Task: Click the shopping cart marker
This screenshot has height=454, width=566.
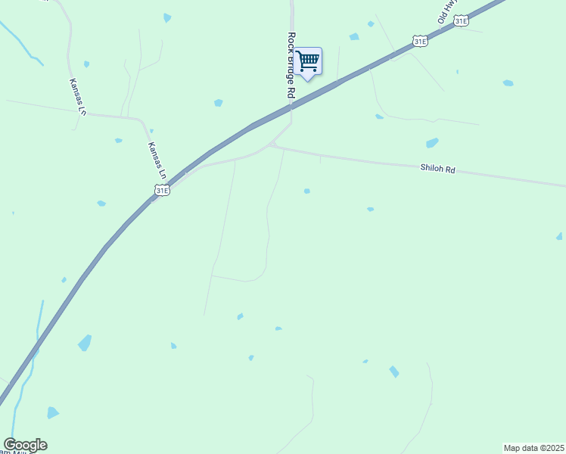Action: coord(308,61)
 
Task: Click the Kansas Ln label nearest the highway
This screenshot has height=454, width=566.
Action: coord(157,160)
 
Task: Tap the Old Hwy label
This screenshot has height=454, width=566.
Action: coord(448,10)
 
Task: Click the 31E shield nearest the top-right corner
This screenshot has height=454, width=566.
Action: coord(461,21)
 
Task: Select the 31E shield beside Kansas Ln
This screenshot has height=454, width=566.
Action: coord(161,191)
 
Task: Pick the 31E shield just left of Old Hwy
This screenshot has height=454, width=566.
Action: coord(421,41)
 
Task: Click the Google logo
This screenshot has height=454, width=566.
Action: coord(25,445)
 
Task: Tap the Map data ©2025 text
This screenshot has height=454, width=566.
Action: coord(534,448)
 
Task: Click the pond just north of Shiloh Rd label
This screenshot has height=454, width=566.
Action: coord(432,143)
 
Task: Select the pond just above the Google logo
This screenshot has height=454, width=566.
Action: coord(52,412)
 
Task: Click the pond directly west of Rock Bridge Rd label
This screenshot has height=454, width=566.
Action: coord(219,102)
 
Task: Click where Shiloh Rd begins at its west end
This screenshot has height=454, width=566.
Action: coord(271,145)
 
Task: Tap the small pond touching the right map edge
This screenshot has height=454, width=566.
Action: coord(560,237)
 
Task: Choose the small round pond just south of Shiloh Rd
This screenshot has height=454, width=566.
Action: coord(306,191)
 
